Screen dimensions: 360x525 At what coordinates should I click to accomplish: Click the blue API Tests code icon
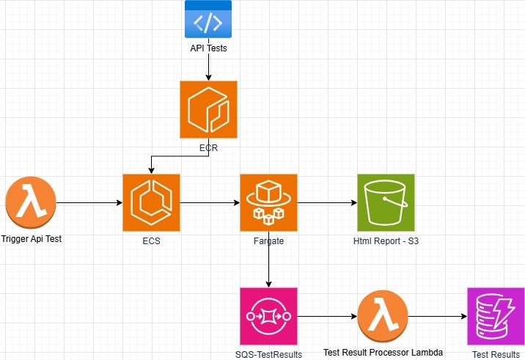pos(208,19)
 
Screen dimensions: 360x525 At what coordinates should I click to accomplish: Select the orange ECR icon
pos(209,110)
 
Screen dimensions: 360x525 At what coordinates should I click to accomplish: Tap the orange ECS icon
pos(151,202)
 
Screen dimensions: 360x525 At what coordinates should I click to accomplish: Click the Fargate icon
pos(268,202)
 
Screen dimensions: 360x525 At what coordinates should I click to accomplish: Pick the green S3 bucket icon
pos(385,202)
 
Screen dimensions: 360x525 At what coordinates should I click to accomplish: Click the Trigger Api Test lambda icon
pos(29,202)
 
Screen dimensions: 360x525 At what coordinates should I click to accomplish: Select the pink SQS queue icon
pos(268,316)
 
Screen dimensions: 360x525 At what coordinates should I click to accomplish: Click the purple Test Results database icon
pos(496,316)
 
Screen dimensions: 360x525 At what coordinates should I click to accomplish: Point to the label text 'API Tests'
pos(209,48)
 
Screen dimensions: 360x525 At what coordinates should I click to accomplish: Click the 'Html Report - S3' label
pos(385,240)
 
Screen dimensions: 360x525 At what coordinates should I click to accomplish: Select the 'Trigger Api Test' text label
pos(31,239)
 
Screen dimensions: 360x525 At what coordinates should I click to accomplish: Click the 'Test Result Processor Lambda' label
pos(383,353)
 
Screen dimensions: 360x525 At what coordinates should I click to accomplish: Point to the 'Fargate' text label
pos(268,240)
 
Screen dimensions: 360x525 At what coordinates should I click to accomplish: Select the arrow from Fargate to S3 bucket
pos(326,202)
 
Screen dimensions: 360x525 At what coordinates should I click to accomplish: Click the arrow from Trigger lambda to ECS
pos(88,202)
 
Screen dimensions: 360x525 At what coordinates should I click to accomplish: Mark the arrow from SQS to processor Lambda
pos(327,317)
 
